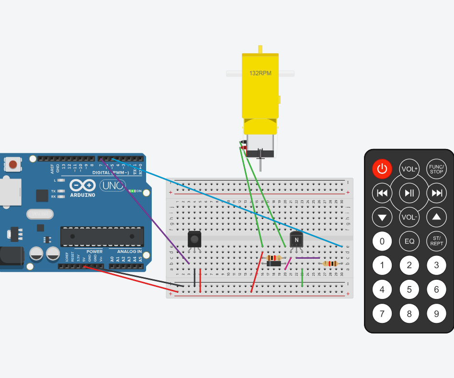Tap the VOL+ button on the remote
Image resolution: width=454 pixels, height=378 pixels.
(409, 169)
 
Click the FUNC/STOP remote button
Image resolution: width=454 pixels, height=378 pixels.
(436, 169)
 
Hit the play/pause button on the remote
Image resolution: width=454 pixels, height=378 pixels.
(409, 193)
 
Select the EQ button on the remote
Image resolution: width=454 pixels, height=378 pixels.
(409, 241)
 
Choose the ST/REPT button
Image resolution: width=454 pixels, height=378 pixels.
(436, 241)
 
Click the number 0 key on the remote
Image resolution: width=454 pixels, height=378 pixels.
(382, 241)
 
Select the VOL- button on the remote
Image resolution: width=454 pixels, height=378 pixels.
(409, 217)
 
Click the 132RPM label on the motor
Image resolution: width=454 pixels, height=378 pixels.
(260, 73)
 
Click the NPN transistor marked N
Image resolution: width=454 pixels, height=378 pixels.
(296, 239)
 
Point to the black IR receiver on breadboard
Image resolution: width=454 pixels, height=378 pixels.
(194, 238)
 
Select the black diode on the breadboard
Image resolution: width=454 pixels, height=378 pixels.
(274, 263)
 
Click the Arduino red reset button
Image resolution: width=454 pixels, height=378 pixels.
(13, 165)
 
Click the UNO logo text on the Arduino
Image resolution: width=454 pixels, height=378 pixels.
(113, 185)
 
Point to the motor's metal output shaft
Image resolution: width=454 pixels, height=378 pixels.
(260, 163)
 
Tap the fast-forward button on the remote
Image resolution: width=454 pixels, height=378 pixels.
(436, 193)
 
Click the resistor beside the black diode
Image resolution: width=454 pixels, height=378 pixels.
(273, 258)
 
